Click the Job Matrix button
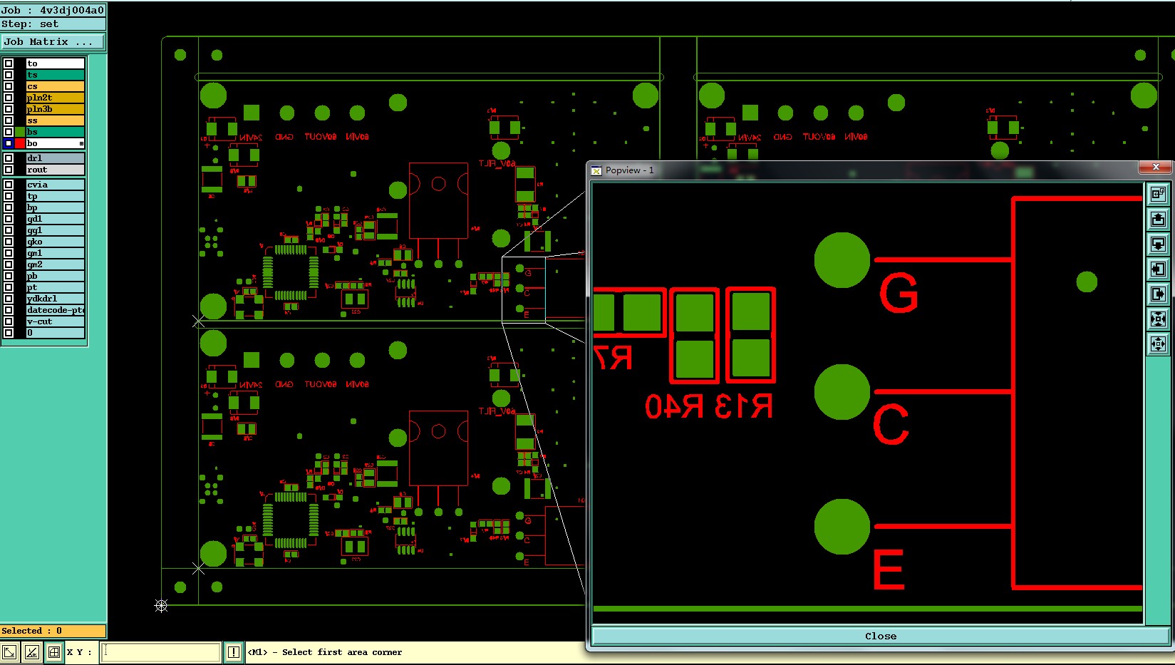point(53,42)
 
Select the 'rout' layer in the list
point(55,170)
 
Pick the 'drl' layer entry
point(55,158)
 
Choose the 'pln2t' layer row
point(55,98)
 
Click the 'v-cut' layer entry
point(55,321)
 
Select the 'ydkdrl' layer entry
point(55,299)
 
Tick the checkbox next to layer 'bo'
point(9,143)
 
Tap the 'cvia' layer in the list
point(55,185)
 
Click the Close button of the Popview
point(881,636)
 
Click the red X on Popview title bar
point(1155,167)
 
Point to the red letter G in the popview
point(899,293)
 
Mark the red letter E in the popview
point(889,569)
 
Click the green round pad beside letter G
point(842,260)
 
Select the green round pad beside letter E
point(842,527)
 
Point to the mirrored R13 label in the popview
point(743,406)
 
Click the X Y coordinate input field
point(160,651)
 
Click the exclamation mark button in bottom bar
point(234,651)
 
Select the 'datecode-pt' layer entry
point(55,310)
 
